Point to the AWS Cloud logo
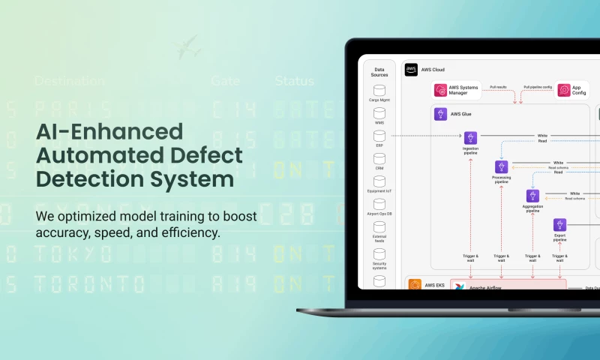(411, 70)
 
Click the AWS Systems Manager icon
(440, 90)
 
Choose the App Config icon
(562, 90)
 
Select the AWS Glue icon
(440, 114)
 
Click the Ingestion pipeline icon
(470, 138)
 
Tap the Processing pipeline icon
(502, 166)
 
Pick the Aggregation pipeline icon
(532, 196)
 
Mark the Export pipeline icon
(559, 224)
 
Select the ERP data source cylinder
(379, 136)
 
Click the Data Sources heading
(379, 72)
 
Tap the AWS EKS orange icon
(415, 285)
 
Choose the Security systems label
(379, 266)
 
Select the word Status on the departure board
(294, 81)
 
